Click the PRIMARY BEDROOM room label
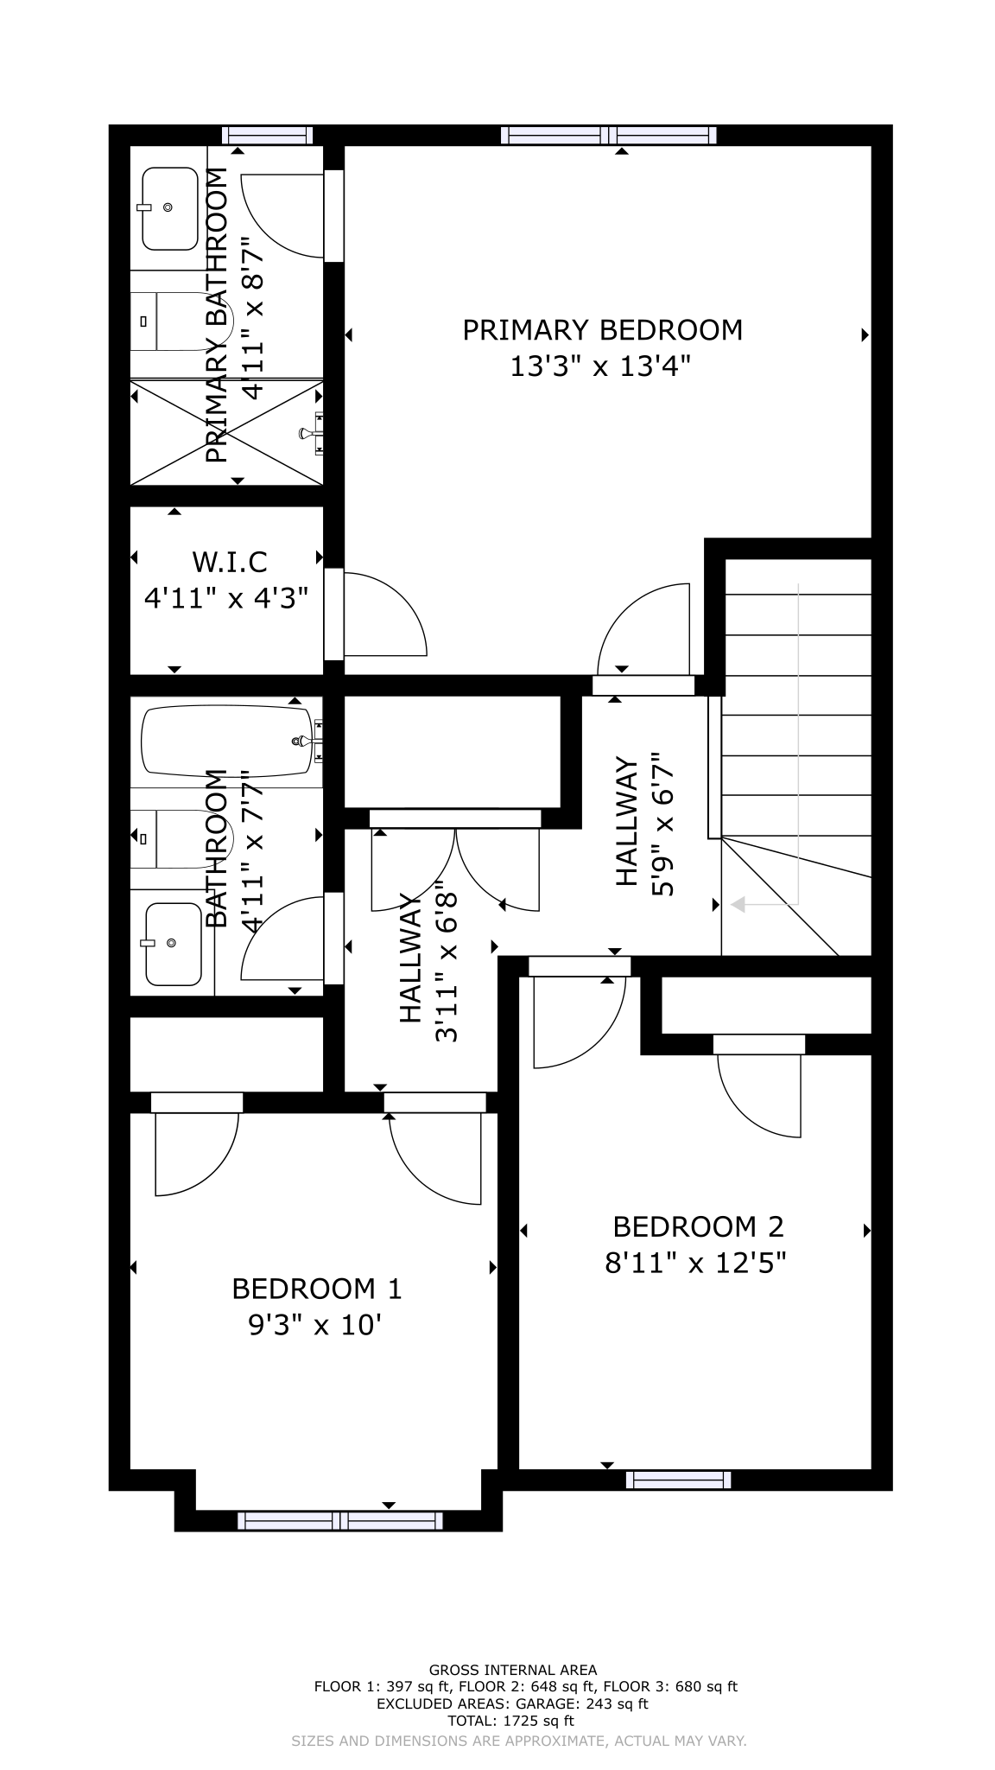[603, 330]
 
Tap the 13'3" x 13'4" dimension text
[602, 367]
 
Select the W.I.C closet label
[230, 562]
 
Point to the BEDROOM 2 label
[698, 1226]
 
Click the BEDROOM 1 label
[317, 1289]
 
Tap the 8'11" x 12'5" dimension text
[696, 1264]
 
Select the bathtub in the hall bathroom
[228, 742]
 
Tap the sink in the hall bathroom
[173, 944]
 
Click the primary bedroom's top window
[610, 135]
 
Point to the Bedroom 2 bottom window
[678, 1480]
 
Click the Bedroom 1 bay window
[340, 1520]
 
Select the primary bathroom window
[267, 135]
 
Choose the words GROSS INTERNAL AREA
[513, 1670]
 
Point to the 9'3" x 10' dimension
[315, 1325]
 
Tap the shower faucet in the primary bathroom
[311, 433]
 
